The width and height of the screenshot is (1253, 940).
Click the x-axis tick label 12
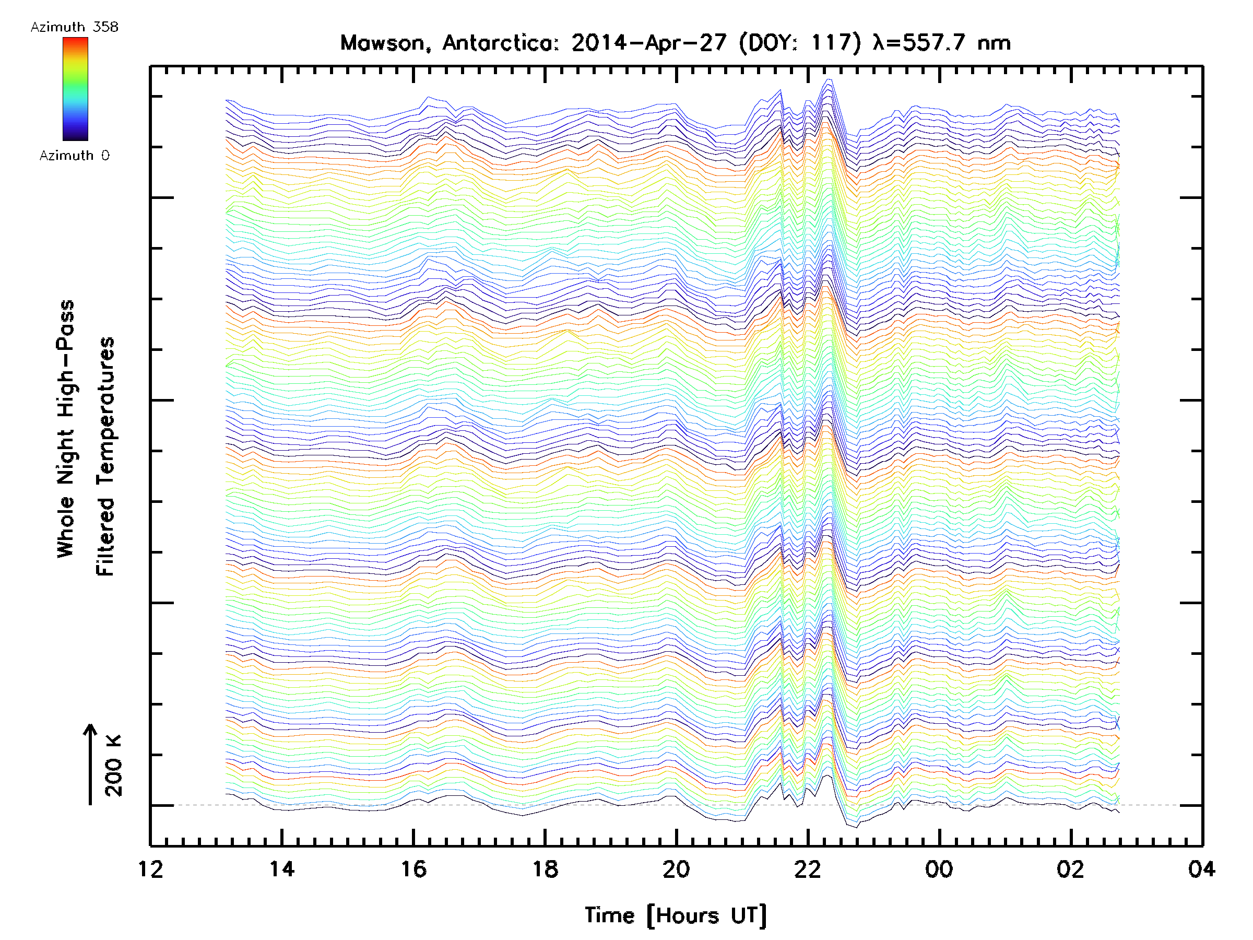pyautogui.click(x=150, y=868)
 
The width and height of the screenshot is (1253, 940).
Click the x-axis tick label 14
pyautogui.click(x=281, y=868)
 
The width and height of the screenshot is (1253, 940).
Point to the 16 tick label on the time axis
pyautogui.click(x=413, y=868)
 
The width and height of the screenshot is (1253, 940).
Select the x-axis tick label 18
pyautogui.click(x=545, y=868)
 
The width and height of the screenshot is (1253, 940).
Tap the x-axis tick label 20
pyautogui.click(x=676, y=868)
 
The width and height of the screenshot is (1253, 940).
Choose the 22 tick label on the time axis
pyautogui.click(x=808, y=868)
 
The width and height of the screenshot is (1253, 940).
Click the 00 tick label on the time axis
pyautogui.click(x=939, y=868)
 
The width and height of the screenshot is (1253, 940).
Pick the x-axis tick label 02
pyautogui.click(x=1071, y=868)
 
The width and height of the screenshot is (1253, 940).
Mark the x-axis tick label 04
pyautogui.click(x=1202, y=868)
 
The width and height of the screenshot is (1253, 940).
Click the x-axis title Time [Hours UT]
pyautogui.click(x=676, y=915)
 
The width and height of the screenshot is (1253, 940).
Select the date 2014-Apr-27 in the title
pyautogui.click(x=648, y=43)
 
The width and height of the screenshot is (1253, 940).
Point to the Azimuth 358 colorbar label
pyautogui.click(x=74, y=27)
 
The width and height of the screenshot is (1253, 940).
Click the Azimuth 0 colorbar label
pyautogui.click(x=74, y=155)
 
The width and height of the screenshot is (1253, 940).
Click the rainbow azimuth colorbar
pyautogui.click(x=75, y=89)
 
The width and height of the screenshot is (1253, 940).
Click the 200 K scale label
pyautogui.click(x=113, y=766)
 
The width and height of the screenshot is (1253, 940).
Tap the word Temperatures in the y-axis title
pyautogui.click(x=106, y=412)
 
